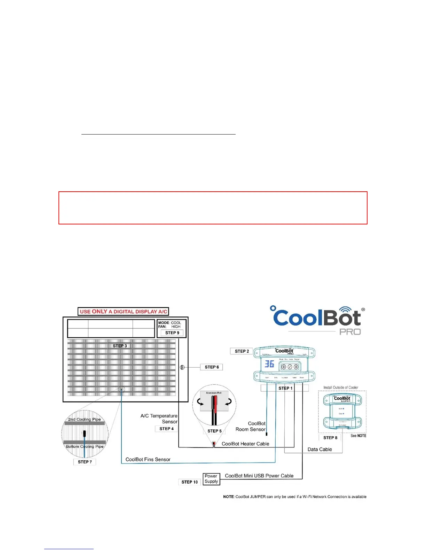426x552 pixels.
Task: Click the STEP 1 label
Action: click(285, 388)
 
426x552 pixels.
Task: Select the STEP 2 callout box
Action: click(242, 351)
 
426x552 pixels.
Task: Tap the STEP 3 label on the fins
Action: click(120, 346)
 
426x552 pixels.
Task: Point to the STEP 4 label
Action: click(166, 429)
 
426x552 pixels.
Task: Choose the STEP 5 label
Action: click(214, 431)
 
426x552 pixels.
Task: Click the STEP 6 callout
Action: click(212, 367)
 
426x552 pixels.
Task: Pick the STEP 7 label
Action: click(85, 462)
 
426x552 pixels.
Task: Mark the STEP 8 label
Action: click(330, 438)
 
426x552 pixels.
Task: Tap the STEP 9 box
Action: click(172, 333)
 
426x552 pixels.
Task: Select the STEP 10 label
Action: click(189, 482)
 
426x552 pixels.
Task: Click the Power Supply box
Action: click(211, 478)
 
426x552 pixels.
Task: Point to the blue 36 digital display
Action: click(269, 364)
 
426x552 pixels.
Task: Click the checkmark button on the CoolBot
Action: click(290, 367)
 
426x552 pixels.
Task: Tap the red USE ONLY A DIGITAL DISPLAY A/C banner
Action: click(123, 312)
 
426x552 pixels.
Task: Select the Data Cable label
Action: click(319, 450)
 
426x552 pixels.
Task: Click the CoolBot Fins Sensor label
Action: click(148, 460)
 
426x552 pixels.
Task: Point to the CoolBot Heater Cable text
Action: click(245, 444)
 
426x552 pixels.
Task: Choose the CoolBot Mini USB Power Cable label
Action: click(259, 476)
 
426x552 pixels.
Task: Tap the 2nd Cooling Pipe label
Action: click(84, 419)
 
